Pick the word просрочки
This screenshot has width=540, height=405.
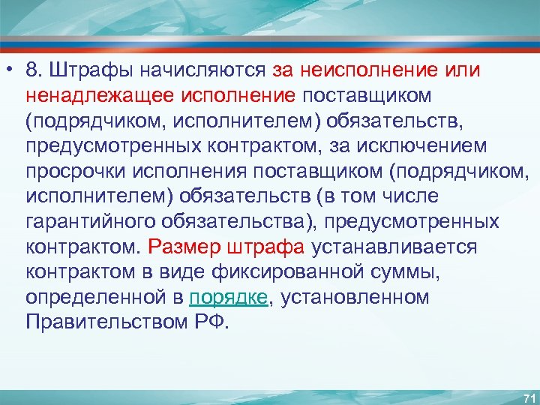(76, 172)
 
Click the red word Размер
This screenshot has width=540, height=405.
(182, 247)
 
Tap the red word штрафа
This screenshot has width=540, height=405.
(263, 247)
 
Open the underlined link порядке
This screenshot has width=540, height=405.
(228, 298)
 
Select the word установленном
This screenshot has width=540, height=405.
(355, 298)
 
